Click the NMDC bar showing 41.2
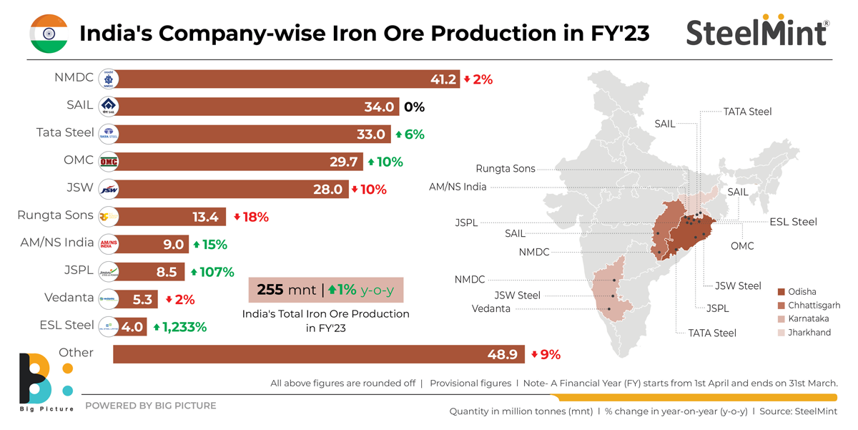tap(279, 79)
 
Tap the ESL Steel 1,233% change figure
tap(179, 327)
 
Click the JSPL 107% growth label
tap(212, 272)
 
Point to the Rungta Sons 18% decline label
tap(251, 217)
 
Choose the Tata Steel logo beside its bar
tap(108, 134)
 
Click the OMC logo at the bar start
tap(108, 162)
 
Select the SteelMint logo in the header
tap(757, 32)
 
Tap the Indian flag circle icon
tap(49, 33)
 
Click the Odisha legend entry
tap(803, 292)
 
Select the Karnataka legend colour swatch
tap(781, 318)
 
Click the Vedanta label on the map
tap(491, 308)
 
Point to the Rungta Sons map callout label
tap(506, 169)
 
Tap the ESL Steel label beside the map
tap(793, 222)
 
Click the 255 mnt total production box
tap(325, 291)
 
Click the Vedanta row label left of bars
tap(69, 297)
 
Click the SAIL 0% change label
tap(414, 107)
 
